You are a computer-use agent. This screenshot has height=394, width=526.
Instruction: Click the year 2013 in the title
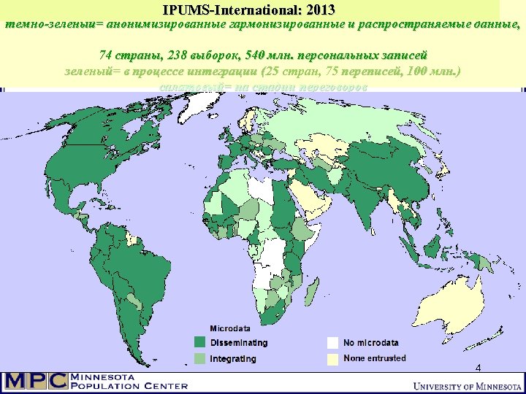tap(320, 10)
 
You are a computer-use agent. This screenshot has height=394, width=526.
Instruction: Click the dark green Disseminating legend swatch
tap(199, 342)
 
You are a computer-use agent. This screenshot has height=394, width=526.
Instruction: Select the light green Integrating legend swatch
tap(199, 358)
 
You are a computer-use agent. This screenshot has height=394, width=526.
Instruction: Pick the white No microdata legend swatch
tap(333, 342)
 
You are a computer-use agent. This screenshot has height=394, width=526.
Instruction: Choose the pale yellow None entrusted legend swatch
tap(333, 358)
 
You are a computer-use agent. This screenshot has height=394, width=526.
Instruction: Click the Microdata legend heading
tap(231, 328)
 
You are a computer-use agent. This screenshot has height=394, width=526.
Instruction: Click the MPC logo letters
tap(35, 381)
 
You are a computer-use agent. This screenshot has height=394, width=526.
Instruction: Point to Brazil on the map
tap(131, 263)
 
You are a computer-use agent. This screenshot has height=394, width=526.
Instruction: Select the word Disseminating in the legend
tap(239, 343)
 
